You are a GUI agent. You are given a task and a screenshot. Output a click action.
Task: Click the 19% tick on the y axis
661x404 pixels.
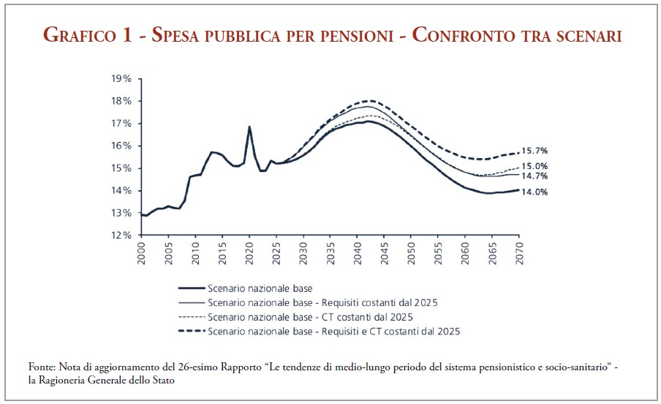point(121,78)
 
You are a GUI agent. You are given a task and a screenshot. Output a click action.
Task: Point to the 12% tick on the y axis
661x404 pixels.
point(121,235)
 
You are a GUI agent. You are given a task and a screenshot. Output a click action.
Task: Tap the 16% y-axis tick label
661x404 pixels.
point(121,146)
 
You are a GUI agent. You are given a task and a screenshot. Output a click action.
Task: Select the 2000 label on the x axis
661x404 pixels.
point(142,252)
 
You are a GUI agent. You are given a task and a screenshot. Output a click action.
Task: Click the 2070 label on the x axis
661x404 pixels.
point(518,252)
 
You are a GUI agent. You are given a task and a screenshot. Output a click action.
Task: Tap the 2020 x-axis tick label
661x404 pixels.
point(249,252)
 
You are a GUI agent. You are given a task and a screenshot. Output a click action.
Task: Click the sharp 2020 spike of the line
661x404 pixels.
point(249,127)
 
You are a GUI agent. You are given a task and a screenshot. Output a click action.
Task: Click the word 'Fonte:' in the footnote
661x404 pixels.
point(42,366)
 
